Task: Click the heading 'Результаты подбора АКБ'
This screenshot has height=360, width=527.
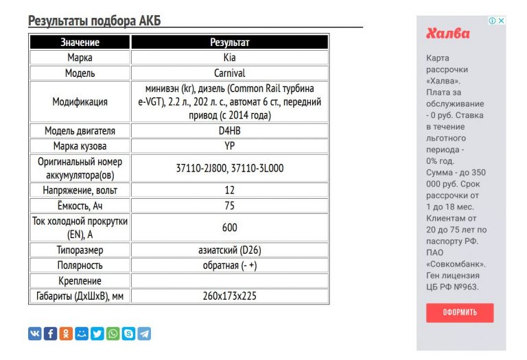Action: point(95,21)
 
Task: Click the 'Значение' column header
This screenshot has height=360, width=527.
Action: point(80,43)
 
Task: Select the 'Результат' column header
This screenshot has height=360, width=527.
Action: point(229,43)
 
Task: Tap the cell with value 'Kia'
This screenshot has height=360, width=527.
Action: point(229,58)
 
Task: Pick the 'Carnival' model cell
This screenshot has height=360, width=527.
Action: point(229,73)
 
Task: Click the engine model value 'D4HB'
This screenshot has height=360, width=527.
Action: point(229,131)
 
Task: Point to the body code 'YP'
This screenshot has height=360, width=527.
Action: point(229,146)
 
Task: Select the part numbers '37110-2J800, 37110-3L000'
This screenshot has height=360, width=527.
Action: point(229,167)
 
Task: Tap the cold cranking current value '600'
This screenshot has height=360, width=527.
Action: point(229,228)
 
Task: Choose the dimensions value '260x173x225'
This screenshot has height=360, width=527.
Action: point(229,297)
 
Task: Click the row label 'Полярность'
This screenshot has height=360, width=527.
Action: point(80,265)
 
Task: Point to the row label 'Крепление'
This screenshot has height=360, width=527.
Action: point(80,281)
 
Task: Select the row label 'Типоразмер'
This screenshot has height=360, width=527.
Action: point(80,250)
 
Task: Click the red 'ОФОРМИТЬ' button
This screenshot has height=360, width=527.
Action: point(460,313)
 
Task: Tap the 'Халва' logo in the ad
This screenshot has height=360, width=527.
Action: point(448,34)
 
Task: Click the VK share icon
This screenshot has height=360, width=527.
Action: point(35,334)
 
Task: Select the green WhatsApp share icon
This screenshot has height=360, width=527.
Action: point(113,334)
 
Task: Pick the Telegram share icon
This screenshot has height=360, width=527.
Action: point(144,334)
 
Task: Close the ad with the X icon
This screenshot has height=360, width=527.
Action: point(502,21)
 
